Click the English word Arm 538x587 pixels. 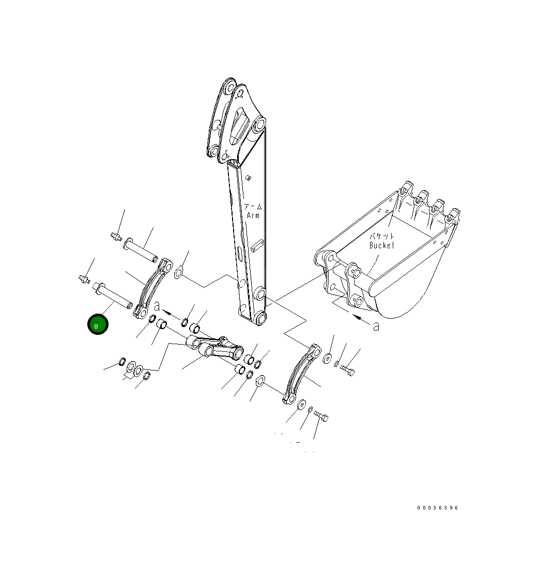(253, 215)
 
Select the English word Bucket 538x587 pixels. (382, 245)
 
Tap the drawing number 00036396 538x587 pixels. (438, 507)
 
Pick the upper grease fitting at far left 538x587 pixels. (116, 237)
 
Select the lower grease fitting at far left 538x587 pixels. (84, 279)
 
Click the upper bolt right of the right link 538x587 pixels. (347, 370)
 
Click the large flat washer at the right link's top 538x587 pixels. (328, 359)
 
